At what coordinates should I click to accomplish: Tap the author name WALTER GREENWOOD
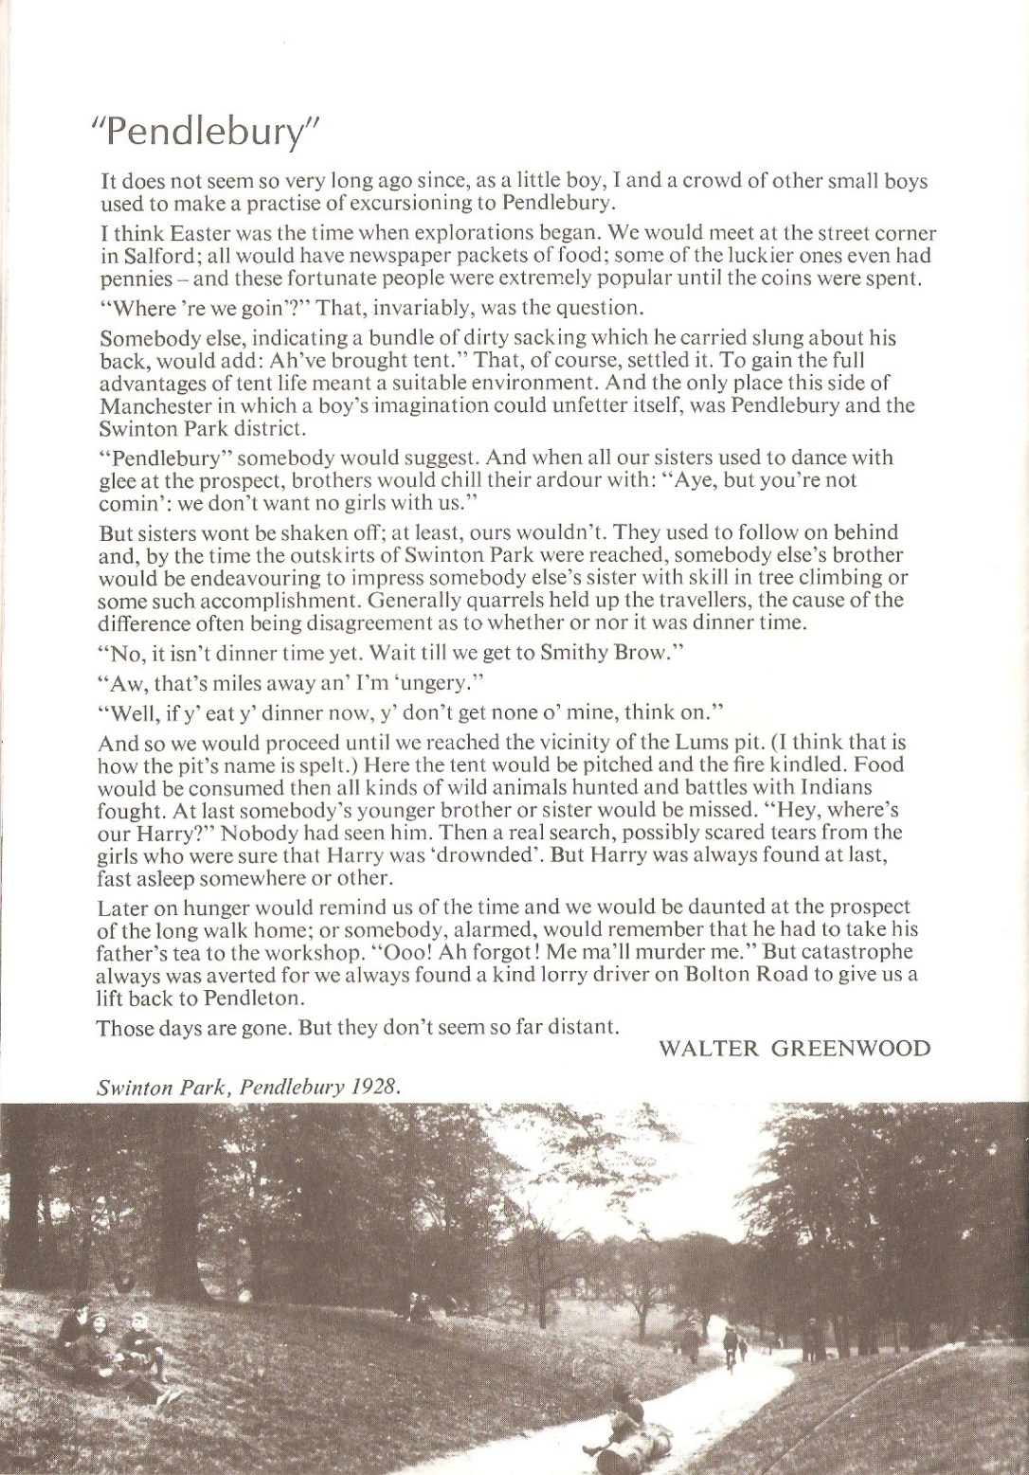click(794, 1048)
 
